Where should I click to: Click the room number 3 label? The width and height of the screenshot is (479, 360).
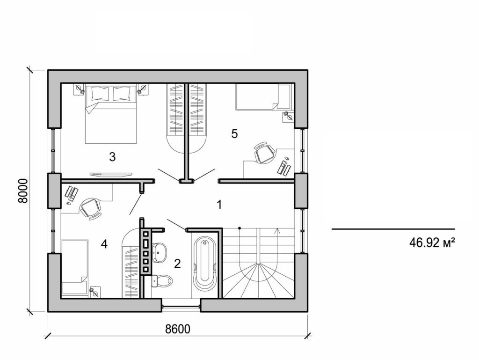pyautogui.click(x=112, y=157)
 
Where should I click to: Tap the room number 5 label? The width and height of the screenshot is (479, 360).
pyautogui.click(x=234, y=134)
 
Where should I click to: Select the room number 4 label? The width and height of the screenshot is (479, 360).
pyautogui.click(x=104, y=244)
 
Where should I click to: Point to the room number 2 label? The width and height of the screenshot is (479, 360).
pyautogui.click(x=177, y=264)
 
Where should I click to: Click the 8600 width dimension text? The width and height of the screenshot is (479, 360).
pyautogui.click(x=178, y=329)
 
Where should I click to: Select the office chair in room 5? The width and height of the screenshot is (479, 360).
pyautogui.click(x=264, y=153)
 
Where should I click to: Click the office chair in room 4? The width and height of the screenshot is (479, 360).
pyautogui.click(x=90, y=208)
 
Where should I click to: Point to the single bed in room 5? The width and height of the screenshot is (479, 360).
pyautogui.click(x=263, y=96)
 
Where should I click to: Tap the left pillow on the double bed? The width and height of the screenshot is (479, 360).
pyautogui.click(x=100, y=93)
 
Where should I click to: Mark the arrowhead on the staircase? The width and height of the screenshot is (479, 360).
pyautogui.click(x=278, y=230)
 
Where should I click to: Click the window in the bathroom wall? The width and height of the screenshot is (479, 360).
pyautogui.click(x=181, y=307)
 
